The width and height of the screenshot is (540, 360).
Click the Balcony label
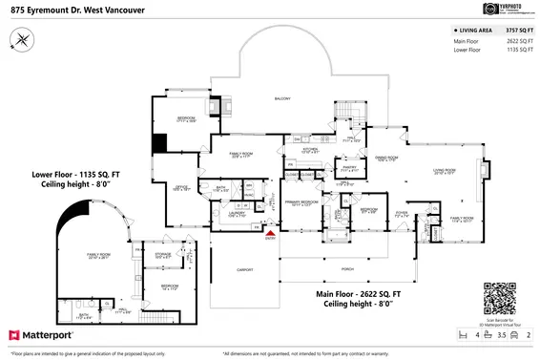click(x=281, y=99)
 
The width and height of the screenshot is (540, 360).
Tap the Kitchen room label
click(x=309, y=151)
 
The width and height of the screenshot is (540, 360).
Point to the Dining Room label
click(x=385, y=159)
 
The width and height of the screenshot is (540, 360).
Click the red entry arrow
click(x=269, y=231)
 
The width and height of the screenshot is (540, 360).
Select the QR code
click(x=500, y=299)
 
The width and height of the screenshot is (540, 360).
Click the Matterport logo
click(x=46, y=336)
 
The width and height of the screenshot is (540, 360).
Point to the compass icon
click(x=22, y=39)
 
